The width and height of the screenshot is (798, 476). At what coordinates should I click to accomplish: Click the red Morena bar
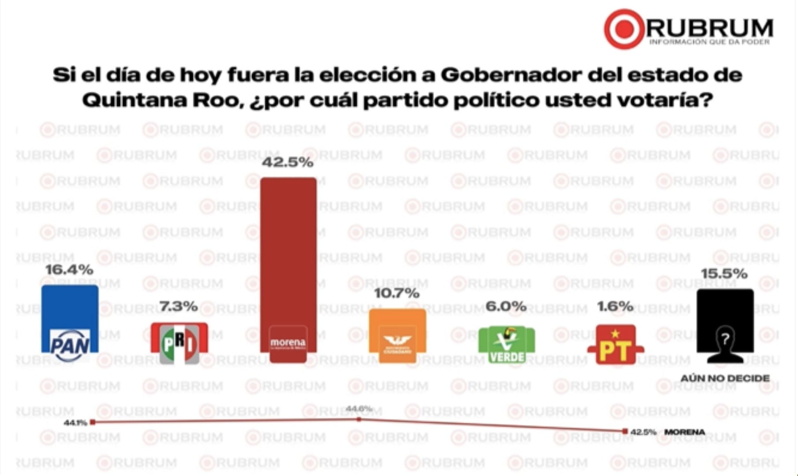288,256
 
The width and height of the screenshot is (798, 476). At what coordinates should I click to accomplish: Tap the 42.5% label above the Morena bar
288,162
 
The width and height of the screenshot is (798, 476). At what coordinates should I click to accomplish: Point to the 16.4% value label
69,270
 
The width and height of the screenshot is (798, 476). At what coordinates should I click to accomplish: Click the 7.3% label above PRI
179,306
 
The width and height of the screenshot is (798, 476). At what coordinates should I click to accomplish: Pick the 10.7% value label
397,293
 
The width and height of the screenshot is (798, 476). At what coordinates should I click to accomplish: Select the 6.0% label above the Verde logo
506,306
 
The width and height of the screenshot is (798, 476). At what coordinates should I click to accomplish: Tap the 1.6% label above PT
615,306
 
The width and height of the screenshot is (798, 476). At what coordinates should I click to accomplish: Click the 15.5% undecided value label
724,274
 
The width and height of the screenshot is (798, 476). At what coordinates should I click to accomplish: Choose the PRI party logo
179,343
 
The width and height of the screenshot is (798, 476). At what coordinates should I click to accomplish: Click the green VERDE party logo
507,344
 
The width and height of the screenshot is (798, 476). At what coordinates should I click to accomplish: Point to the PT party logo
615,345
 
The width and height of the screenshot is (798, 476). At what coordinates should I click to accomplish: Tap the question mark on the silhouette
725,339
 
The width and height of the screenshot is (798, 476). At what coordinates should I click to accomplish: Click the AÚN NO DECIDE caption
725,378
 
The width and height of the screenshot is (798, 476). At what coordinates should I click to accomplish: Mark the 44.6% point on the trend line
359,419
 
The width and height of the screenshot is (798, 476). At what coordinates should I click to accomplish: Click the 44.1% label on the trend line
75,423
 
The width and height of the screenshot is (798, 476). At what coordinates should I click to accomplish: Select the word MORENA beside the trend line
684,432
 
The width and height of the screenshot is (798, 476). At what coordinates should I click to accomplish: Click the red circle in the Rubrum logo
624,29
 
